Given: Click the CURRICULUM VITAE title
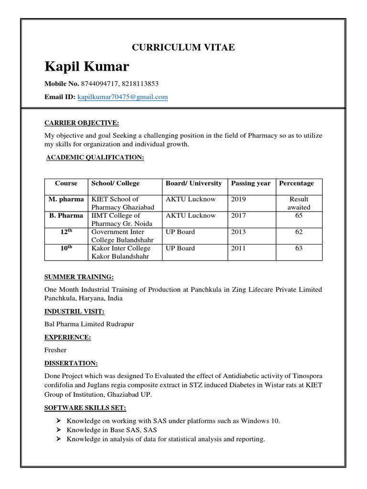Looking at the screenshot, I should point(183,47).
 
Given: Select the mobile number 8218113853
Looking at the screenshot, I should point(140,84).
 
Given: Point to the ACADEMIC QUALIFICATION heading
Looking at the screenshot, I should point(95,158).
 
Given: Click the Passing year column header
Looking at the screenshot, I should point(251,183).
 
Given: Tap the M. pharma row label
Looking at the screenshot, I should point(66,199).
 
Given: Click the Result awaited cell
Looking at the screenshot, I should point(299,203).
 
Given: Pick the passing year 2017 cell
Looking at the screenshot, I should point(238,216).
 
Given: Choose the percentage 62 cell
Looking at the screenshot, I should point(299,232).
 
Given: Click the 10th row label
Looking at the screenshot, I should point(66,248).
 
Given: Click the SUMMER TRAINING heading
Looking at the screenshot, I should point(79,277).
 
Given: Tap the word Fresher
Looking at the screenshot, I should point(55,350).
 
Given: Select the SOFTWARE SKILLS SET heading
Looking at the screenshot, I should point(86,408).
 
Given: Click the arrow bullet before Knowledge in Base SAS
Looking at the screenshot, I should point(58,430).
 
